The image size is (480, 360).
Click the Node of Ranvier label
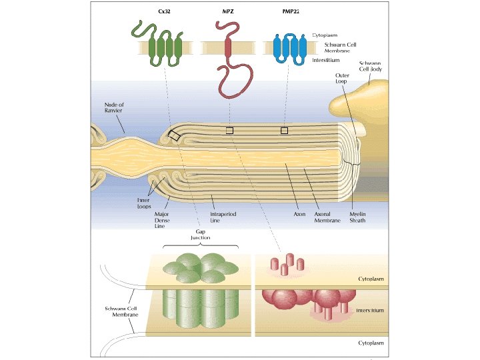114,108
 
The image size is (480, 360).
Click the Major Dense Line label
165,220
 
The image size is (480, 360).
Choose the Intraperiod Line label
221,217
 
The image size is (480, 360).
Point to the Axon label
299,215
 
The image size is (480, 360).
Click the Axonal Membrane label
327,217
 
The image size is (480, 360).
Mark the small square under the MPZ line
229,130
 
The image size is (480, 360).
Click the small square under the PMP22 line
284,130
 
